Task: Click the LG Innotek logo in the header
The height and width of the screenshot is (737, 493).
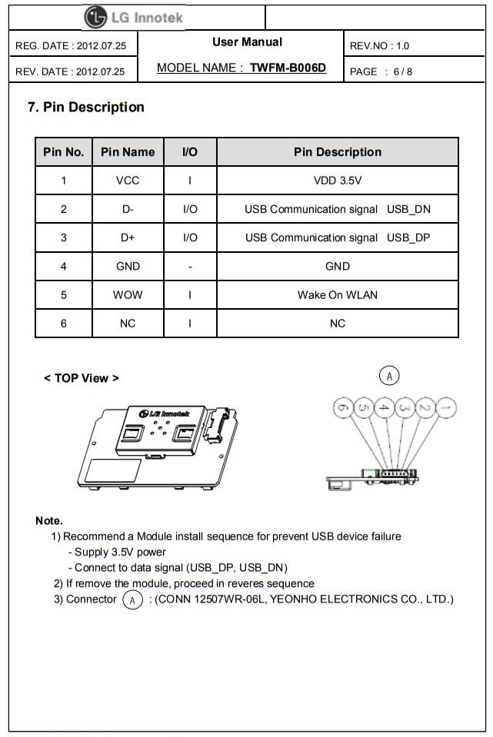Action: (x=134, y=17)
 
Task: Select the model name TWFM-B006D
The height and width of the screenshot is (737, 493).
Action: (x=288, y=68)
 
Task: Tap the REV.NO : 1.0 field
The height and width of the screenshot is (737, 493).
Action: (x=379, y=45)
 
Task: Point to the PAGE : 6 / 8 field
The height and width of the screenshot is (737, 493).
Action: (x=379, y=71)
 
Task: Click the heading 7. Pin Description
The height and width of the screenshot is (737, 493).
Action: (x=86, y=108)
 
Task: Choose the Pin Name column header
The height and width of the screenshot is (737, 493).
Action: (x=128, y=152)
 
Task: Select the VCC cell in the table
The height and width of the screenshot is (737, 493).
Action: (x=128, y=181)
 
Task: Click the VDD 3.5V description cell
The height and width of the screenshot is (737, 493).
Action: (x=338, y=181)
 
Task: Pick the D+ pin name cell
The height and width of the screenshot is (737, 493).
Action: (x=128, y=237)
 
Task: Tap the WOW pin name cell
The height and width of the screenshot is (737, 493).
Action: (x=128, y=294)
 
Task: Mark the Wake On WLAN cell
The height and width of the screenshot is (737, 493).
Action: (x=338, y=294)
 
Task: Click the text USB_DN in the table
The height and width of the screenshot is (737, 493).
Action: (x=408, y=209)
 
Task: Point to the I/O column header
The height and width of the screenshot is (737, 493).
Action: (x=189, y=152)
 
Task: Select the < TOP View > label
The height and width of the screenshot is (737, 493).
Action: (x=82, y=378)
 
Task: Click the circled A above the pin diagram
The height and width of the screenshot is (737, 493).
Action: (x=390, y=376)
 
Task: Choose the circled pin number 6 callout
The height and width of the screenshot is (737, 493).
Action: (x=343, y=407)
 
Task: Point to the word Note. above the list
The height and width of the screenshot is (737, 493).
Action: (x=49, y=521)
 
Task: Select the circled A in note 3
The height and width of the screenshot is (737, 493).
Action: (x=133, y=599)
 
